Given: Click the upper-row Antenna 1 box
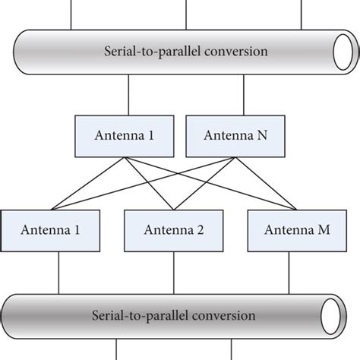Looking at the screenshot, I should pyautogui.click(x=125, y=137).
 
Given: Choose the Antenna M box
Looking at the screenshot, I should pyautogui.click(x=289, y=230).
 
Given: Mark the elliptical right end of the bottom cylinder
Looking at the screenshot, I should pyautogui.click(x=330, y=315).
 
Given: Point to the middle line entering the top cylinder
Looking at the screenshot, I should pyautogui.click(x=186, y=14).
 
